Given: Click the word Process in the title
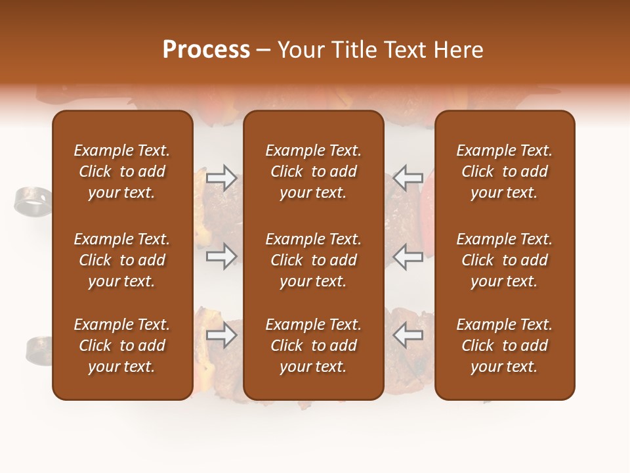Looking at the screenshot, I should pos(206,50).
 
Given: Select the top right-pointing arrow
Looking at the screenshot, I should pos(222,177).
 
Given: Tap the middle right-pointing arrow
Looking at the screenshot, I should pos(222,256).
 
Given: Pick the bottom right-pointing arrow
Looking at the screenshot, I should pos(222,336).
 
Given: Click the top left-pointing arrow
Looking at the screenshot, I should pos(408,177).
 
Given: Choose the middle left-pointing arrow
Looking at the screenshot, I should pos(408,256).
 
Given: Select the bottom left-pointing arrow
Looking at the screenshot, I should pos(408,336).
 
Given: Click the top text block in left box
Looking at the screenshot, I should pos(122,171).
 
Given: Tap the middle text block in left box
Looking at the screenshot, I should pos(122,260).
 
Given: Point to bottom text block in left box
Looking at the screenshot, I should pos(122,346).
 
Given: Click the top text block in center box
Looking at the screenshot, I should pos(313,171).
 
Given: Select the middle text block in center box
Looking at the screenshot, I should pos(313,260).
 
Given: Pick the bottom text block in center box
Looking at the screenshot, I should pos(313,346).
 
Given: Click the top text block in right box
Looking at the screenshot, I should pos(504,171).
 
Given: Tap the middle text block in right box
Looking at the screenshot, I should pos(504,260).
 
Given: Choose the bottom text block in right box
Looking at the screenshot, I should pos(504,346).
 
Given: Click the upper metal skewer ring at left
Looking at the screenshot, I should pos(31,201).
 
